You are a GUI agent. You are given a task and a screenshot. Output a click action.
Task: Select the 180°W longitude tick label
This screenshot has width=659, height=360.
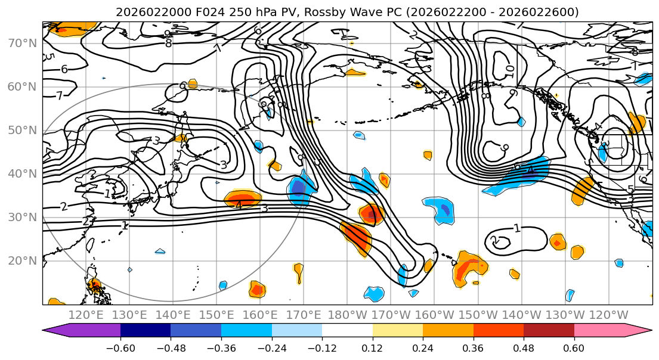coord(348,315)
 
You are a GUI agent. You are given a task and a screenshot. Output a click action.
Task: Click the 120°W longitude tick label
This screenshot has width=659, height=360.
coord(609,315)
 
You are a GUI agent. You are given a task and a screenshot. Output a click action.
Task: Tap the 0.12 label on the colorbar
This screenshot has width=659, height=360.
coord(372,348)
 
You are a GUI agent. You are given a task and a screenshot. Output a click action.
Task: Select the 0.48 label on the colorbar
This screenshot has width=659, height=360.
coord(524,348)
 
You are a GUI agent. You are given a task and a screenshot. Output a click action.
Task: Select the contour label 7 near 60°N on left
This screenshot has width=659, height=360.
coord(59,95)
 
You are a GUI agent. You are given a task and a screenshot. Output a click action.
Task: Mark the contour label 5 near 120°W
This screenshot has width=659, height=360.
coord(630,190)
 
